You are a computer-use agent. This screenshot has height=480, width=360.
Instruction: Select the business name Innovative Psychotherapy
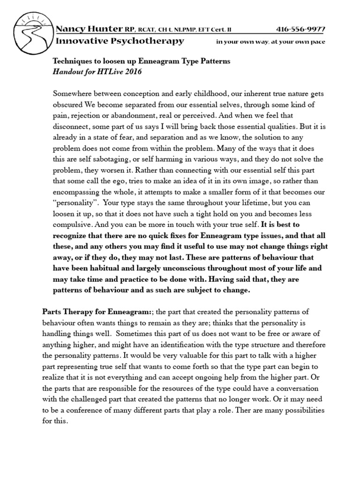(120, 41)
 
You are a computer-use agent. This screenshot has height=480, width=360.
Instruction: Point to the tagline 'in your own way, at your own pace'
(270, 42)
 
